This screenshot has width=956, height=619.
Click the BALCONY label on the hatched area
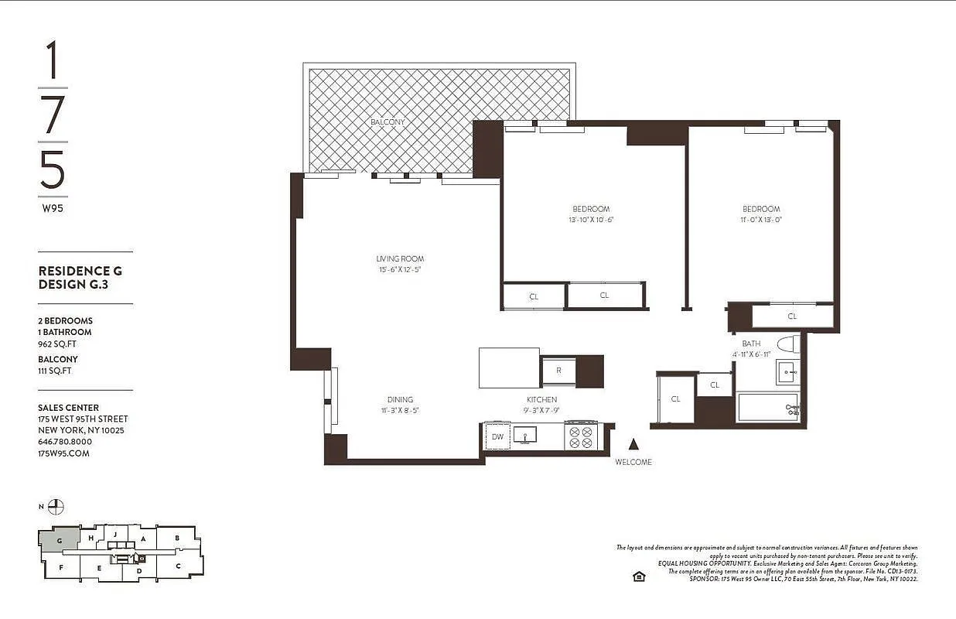click(x=388, y=122)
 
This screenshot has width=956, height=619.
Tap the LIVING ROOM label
click(x=400, y=258)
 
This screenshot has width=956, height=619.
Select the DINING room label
click(x=400, y=400)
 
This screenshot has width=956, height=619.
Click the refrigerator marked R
click(x=558, y=371)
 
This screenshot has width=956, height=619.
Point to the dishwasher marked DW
click(x=497, y=437)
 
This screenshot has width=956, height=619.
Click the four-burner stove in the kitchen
click(x=581, y=436)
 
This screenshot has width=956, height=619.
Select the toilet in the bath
click(x=787, y=345)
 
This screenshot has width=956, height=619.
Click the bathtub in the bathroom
click(x=767, y=408)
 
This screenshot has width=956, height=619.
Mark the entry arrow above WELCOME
click(x=633, y=444)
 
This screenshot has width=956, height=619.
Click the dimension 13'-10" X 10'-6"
click(x=591, y=220)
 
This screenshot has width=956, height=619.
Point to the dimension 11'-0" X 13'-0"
click(x=761, y=220)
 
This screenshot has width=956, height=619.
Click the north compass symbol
click(x=56, y=508)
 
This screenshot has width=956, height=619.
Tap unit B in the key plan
click(x=177, y=538)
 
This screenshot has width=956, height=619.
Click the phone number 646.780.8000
click(x=65, y=442)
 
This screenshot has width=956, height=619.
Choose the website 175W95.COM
click(x=63, y=453)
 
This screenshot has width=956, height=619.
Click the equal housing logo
click(x=639, y=576)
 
